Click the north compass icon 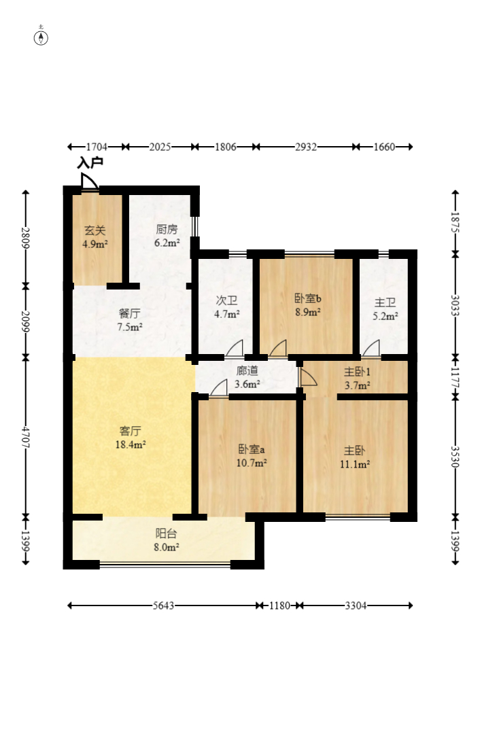click(41, 37)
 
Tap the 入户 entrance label click(90, 162)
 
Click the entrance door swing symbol click(89, 181)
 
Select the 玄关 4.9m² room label click(95, 237)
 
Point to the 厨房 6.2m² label click(167, 236)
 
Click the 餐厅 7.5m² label click(130, 320)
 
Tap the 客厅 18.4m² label click(130, 438)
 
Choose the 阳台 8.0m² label click(167, 540)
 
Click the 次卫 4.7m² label click(227, 307)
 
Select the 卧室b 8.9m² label click(308, 305)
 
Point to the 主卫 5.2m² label click(385, 309)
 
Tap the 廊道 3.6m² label click(247, 377)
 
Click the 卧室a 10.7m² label click(252, 456)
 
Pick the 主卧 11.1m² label click(355, 457)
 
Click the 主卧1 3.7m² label click(357, 379)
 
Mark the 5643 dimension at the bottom click(163, 605)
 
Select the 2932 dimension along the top click(306, 146)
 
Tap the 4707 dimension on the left click(26, 437)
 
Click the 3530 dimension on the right click(455, 457)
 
